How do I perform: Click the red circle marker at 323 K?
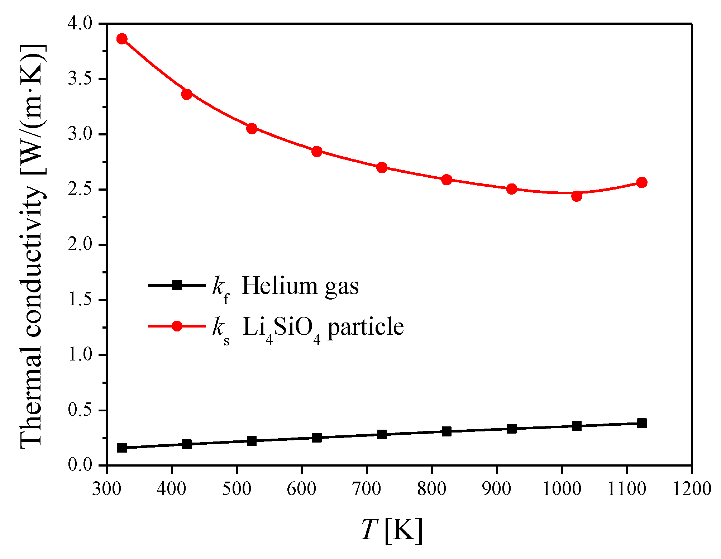point(122,39)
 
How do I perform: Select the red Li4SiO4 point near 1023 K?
point(577,196)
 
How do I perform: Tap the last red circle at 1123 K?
point(642,182)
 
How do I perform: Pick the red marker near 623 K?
point(317,151)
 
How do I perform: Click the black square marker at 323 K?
point(122,448)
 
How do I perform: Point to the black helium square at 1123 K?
point(642,423)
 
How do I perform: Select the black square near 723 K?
point(382,434)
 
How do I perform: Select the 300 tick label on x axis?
point(106,489)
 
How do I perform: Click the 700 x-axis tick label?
point(367,489)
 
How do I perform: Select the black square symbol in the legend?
point(177,286)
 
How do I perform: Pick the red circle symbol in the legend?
point(177,326)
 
